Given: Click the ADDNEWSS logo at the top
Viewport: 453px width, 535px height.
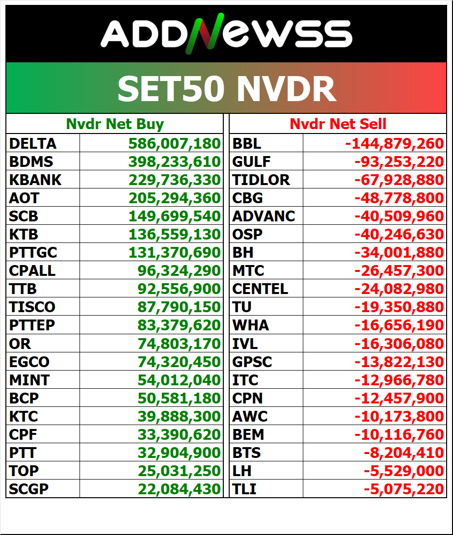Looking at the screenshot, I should (x=226, y=34).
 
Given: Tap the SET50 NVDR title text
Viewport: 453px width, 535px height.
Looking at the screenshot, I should (x=226, y=89).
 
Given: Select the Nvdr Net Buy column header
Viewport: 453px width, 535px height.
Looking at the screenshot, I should (x=115, y=124).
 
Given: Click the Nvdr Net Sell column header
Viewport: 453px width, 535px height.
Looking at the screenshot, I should (x=338, y=124).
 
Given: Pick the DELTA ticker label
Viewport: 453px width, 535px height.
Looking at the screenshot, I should (x=33, y=144).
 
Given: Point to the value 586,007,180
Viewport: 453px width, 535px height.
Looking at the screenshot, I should (x=174, y=144).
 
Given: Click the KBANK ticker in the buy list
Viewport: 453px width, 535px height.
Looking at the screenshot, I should (x=35, y=180).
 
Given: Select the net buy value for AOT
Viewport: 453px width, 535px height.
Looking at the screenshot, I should (x=174, y=198).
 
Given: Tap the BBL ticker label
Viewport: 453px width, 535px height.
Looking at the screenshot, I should (x=247, y=144).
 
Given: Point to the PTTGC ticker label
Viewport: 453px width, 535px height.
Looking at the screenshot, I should (x=33, y=253).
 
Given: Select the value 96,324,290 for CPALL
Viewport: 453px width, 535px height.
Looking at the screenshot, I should (x=179, y=271).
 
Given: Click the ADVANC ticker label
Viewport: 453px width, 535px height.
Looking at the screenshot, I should (x=264, y=216).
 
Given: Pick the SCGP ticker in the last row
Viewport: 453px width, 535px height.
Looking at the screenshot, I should (x=29, y=489).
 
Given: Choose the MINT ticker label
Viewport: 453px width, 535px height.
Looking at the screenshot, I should (x=29, y=380).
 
